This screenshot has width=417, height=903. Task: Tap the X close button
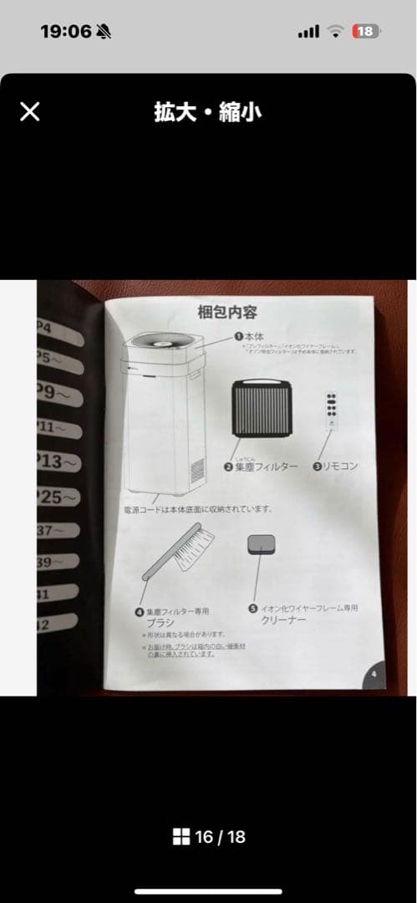pos(29,111)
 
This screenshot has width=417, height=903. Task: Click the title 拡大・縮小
pos(207,111)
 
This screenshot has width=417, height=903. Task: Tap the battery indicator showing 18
pos(365,31)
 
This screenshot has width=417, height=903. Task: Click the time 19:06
pos(65,31)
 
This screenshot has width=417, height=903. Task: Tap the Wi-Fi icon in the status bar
pos(336,31)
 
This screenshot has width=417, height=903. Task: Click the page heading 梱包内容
pos(227,314)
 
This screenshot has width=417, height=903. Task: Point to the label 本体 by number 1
pos(254,335)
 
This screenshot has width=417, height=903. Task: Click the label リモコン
pos(340,466)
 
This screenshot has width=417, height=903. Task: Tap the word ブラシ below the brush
pos(162,623)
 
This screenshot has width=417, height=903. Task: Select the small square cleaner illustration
pos(262,546)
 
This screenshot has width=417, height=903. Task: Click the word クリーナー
pos(284,621)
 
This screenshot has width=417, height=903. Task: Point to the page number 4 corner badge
pos(374,673)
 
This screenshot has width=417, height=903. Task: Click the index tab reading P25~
pos(58,497)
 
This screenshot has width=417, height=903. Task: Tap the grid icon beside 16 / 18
pos(181,836)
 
